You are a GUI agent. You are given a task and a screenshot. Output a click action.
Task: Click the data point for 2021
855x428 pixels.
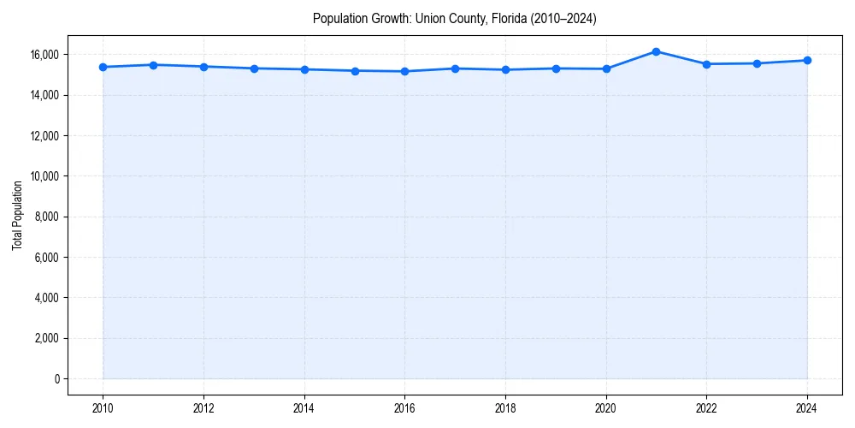(x=656, y=51)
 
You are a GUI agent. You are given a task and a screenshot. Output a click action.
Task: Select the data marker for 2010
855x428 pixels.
(x=103, y=67)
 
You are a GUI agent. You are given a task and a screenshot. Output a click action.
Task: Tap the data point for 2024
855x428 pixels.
(x=807, y=60)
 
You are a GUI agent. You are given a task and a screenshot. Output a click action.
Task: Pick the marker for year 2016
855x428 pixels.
(x=404, y=71)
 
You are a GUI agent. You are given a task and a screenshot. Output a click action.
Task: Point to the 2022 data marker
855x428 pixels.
(x=706, y=64)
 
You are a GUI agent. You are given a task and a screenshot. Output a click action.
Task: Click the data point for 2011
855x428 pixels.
(x=153, y=65)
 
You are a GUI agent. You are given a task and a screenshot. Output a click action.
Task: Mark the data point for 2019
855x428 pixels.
(x=556, y=68)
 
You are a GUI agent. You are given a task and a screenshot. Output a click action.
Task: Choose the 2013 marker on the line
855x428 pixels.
(x=254, y=68)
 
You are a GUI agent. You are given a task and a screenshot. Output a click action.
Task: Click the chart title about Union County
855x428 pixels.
(x=454, y=18)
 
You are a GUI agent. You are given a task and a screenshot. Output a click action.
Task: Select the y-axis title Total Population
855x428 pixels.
(x=17, y=215)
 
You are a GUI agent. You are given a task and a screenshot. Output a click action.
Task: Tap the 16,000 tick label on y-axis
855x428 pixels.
(x=42, y=55)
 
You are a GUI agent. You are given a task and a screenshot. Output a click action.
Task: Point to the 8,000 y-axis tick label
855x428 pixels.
(x=44, y=217)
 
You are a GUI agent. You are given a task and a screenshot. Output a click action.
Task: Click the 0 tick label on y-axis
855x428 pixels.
(x=56, y=379)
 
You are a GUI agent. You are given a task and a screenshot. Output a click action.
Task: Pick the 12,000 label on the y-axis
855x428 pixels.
(x=42, y=136)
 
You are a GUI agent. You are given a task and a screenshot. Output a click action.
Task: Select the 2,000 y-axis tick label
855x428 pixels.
(x=44, y=339)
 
